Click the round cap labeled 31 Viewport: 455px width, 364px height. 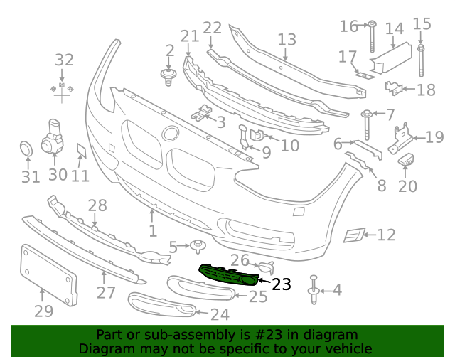point(26,149)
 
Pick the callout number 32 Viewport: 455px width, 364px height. point(64,60)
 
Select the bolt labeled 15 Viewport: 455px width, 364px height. point(422,61)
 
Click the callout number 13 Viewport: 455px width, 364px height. point(287,40)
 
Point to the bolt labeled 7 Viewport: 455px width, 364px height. point(368,125)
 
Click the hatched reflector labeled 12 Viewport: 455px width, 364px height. point(354,234)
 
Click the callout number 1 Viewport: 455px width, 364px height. point(152,231)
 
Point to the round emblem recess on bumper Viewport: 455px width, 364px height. point(171,134)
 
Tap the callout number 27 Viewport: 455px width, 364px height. point(106,293)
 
